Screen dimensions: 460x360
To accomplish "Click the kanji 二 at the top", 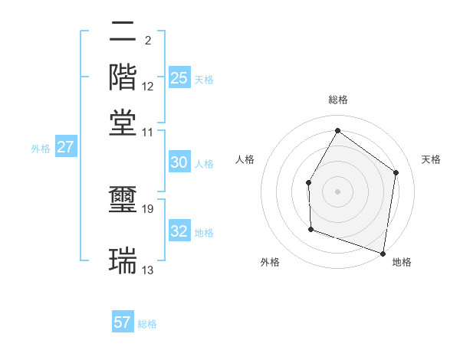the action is tap(123, 34).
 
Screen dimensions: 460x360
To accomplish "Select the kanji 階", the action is tap(123, 77).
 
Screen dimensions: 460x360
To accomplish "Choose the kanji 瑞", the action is tap(123, 260).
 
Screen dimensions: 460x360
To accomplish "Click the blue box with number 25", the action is tap(179, 78).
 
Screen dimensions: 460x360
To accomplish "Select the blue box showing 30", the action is tap(179, 162).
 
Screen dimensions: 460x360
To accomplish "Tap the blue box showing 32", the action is tap(179, 231).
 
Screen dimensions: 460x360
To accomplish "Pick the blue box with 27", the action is tap(65, 147).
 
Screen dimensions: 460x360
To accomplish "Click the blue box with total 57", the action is tap(123, 322).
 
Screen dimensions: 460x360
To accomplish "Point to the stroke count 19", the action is tap(148, 209).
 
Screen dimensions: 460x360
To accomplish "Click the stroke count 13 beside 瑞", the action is tap(148, 270).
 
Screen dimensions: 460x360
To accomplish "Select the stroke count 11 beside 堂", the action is tap(148, 132).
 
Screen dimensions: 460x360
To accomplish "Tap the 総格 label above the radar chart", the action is tap(337, 100).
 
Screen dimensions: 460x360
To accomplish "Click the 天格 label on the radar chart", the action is tap(431, 159).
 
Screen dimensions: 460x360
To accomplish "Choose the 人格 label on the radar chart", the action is tap(245, 159).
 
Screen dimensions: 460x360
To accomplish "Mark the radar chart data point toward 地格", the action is tap(383, 253).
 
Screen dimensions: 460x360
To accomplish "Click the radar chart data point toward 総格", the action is tap(337, 130).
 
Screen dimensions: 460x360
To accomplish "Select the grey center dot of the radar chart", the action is tap(337, 191).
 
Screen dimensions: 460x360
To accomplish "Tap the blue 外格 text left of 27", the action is tap(40, 149).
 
